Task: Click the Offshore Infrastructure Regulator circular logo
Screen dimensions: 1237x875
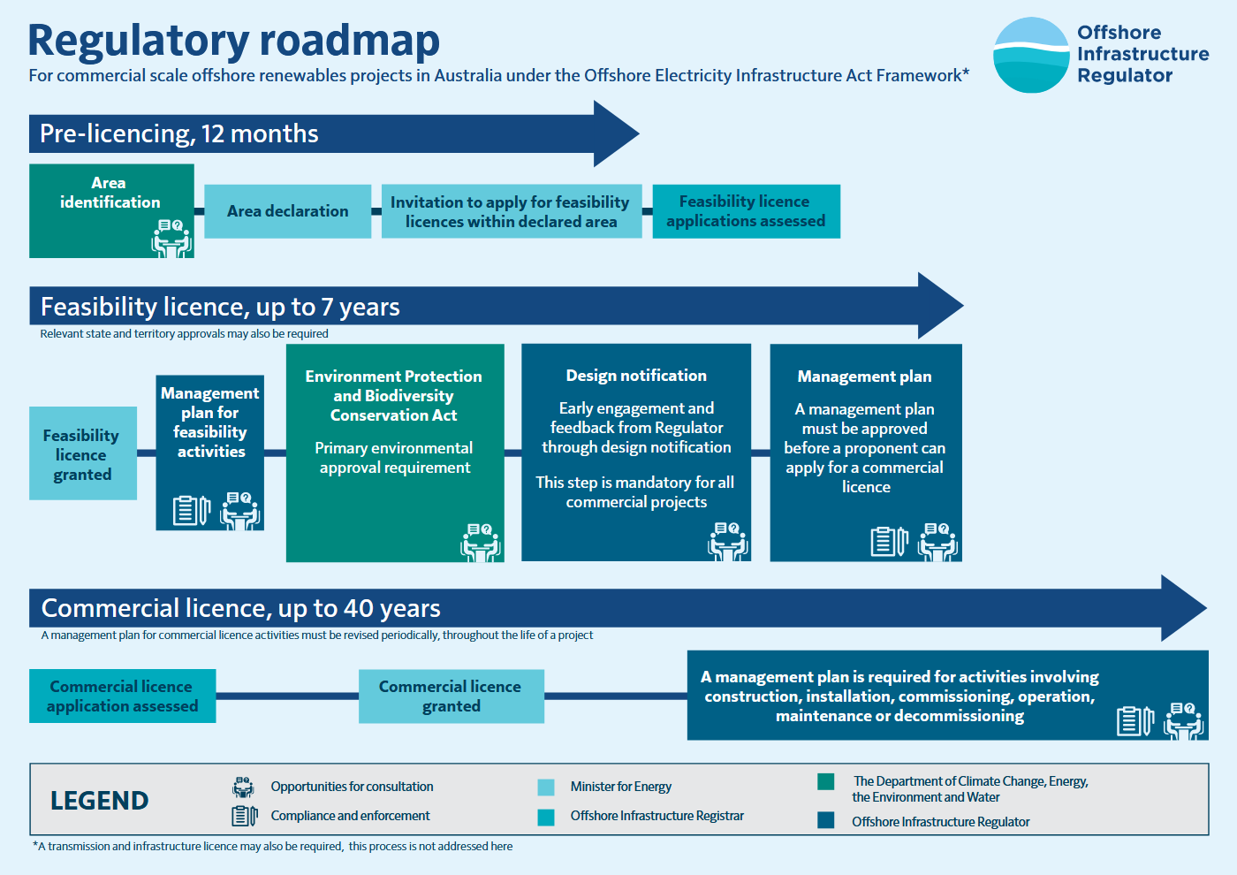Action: pos(1031,55)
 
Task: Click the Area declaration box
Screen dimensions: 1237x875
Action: pos(288,211)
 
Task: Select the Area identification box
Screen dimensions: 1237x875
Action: pos(111,211)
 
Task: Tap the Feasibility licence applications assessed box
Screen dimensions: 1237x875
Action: pos(746,211)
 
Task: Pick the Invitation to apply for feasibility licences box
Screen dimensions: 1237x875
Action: pos(512,211)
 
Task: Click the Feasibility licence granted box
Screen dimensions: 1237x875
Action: pos(83,453)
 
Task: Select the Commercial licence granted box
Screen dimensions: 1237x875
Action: pos(452,696)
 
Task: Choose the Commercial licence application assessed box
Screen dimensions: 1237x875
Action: pos(123,696)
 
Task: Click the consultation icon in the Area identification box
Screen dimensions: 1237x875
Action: pos(171,239)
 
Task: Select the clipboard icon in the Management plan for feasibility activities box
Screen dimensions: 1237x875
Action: pos(191,510)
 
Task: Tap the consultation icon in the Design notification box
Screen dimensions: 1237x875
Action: pos(728,541)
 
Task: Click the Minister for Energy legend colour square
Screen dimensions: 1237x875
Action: pos(546,787)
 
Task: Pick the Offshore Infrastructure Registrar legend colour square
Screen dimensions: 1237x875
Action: pos(546,818)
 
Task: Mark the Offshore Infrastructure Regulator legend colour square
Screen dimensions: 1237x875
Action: pos(825,820)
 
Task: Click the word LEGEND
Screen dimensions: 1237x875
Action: pos(99,801)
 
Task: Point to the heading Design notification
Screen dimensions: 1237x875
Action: pos(636,376)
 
